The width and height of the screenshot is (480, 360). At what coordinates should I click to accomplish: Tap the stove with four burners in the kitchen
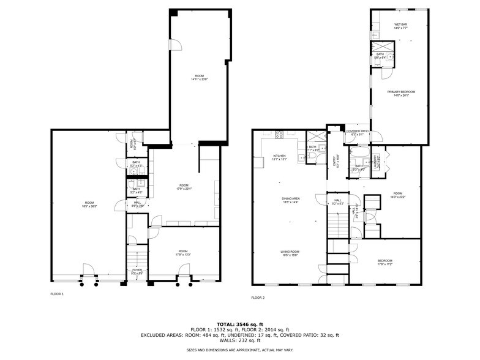click(x=279, y=135)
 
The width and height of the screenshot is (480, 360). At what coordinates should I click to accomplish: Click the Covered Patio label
click(x=357, y=131)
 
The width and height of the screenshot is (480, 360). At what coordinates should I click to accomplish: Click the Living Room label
click(x=290, y=251)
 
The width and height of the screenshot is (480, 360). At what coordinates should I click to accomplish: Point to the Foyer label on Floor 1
click(x=137, y=269)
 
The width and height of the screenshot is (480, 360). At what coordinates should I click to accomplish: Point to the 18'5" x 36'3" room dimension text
click(x=89, y=206)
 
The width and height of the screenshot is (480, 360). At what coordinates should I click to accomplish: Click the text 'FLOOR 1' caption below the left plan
click(x=57, y=294)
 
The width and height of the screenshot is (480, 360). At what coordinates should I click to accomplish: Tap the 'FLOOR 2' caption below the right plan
click(x=258, y=298)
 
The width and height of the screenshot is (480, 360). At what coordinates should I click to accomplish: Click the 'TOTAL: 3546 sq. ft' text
click(x=239, y=324)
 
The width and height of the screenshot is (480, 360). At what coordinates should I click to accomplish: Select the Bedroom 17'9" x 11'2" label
click(x=384, y=262)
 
